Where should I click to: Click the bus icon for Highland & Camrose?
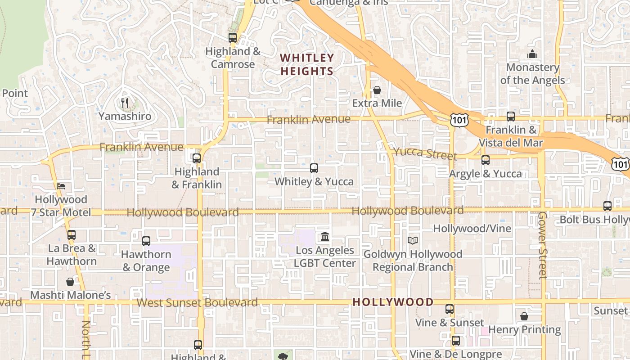[x=233, y=38]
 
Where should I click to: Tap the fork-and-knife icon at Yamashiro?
[x=125, y=103]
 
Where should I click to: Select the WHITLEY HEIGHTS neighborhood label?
[x=307, y=64]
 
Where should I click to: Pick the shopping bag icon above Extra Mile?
[x=377, y=90]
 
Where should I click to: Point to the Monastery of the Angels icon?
[x=532, y=54]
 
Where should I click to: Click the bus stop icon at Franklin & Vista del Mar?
[x=511, y=117]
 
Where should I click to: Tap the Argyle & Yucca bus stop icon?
[x=486, y=160]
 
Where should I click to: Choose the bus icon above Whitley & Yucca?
[x=314, y=168]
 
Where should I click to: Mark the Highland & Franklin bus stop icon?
[x=197, y=158]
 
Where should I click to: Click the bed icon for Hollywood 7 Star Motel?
[x=61, y=186]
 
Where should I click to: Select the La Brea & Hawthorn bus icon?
[x=72, y=235]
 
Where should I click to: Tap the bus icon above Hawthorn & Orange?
[x=146, y=241]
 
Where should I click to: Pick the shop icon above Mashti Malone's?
[x=70, y=282]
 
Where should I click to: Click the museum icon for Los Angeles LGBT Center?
[x=325, y=237]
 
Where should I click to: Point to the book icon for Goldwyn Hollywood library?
[x=413, y=241]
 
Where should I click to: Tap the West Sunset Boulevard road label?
[x=197, y=302]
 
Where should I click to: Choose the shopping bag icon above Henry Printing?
[x=524, y=316]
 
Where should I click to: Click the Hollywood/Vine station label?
[x=472, y=229]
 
